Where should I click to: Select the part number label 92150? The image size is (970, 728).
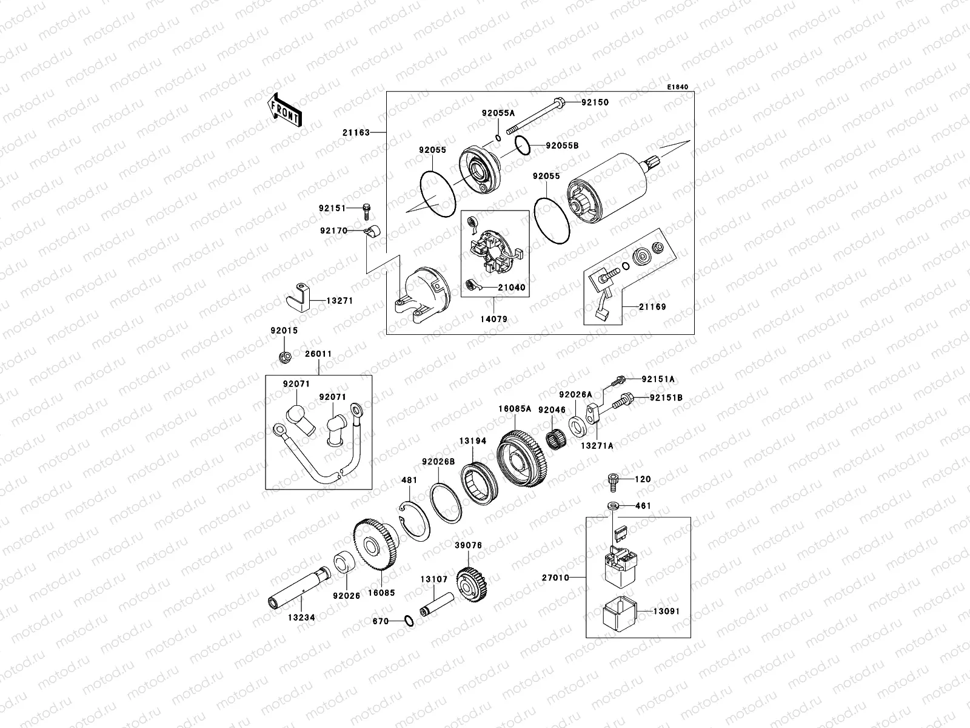tap(595, 103)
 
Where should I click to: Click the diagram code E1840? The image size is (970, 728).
tap(678, 87)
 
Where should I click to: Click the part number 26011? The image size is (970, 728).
tap(318, 354)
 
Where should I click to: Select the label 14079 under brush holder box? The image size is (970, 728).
tap(495, 318)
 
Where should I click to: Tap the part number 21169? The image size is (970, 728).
tap(652, 306)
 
